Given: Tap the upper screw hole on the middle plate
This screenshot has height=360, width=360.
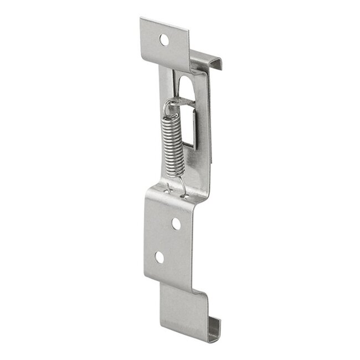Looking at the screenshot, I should click(176, 223).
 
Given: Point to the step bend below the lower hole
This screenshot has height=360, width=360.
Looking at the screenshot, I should click(172, 279).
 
